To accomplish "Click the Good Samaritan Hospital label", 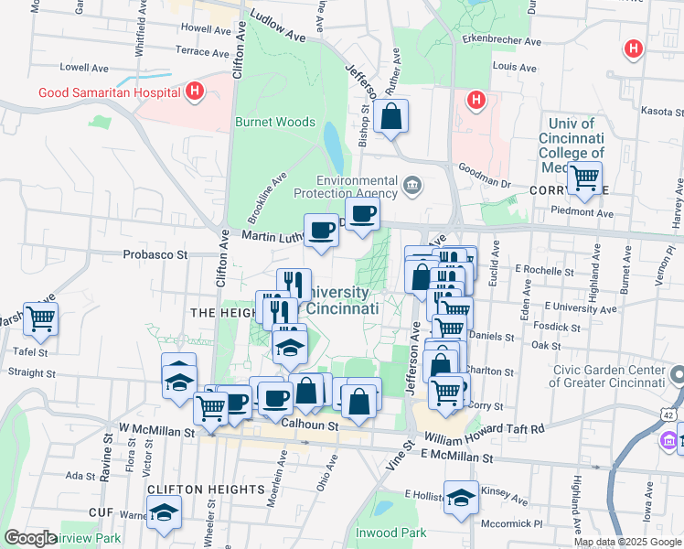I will click(108, 92).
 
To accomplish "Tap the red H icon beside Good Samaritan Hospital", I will click(194, 91).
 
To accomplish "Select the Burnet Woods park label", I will click(275, 122).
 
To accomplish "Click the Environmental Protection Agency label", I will click(346, 187).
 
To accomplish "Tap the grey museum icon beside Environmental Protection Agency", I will click(412, 187).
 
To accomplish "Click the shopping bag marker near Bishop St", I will click(390, 117).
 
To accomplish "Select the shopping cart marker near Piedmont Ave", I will click(583, 178).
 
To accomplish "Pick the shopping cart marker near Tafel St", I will click(40, 319).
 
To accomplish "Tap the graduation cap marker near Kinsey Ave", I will click(461, 497).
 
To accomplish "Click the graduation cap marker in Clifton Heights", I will click(164, 513).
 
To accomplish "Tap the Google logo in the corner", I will click(31, 538).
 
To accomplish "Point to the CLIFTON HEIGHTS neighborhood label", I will click(206, 490).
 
